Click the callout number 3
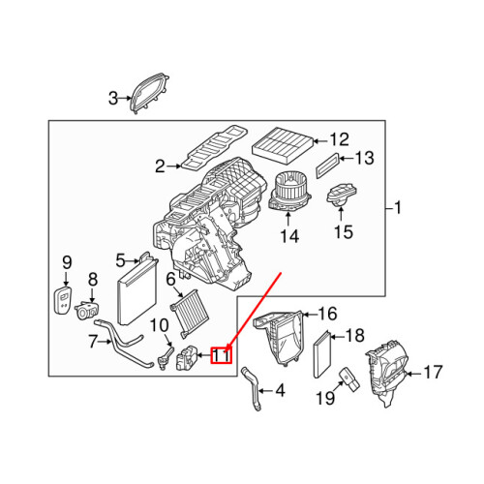coord(112,97)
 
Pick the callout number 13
coord(363,158)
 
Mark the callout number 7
coord(93,341)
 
